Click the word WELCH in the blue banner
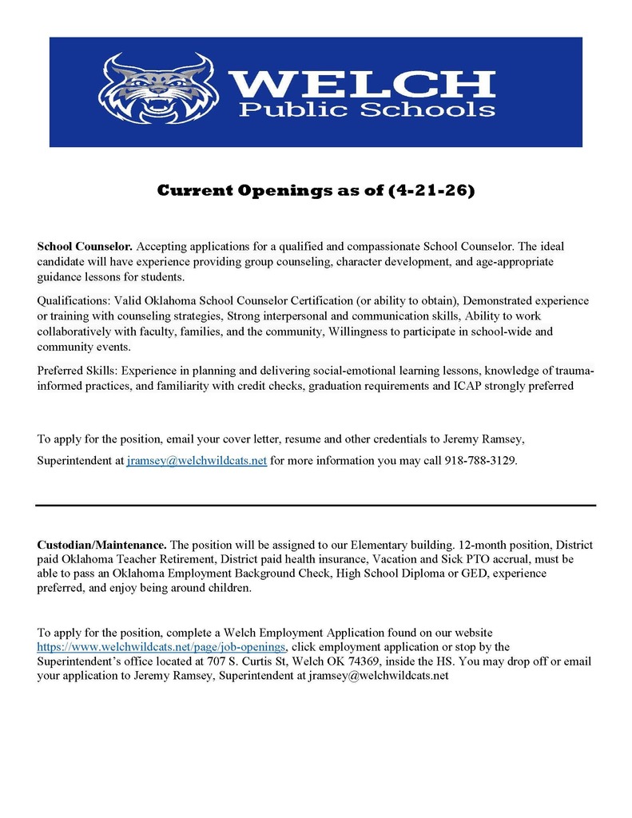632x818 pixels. tap(361, 81)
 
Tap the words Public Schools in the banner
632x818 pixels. tap(368, 109)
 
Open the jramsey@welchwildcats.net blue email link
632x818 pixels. tap(196, 461)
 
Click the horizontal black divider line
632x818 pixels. tap(316, 506)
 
